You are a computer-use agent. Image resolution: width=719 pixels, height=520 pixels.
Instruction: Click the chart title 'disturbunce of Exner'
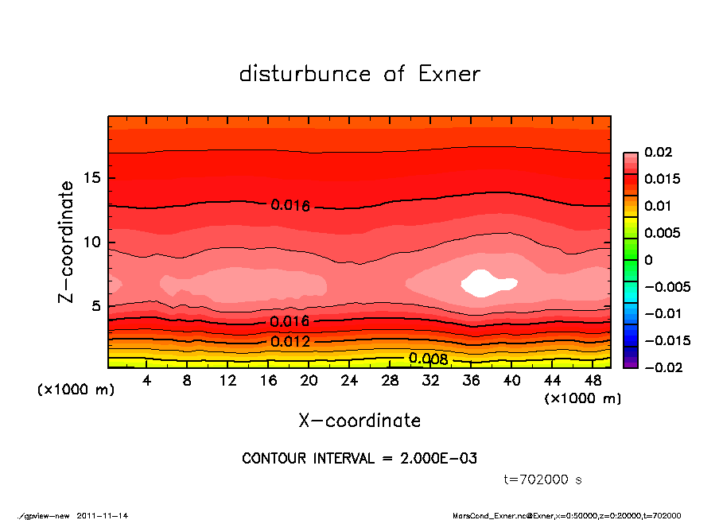(x=359, y=74)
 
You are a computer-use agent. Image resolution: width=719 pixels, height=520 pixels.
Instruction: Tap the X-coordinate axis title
(x=359, y=420)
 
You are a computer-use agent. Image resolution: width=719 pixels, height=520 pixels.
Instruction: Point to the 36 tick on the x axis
(x=472, y=381)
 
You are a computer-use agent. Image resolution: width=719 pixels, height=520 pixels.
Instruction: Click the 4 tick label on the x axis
(x=146, y=381)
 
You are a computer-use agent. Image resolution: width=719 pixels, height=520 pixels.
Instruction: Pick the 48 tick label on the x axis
(x=593, y=381)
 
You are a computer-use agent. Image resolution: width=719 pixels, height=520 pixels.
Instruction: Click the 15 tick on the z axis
(x=91, y=178)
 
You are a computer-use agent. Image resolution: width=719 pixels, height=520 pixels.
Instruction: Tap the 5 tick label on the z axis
(x=95, y=306)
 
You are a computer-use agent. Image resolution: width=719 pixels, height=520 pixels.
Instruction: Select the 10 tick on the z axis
(x=91, y=243)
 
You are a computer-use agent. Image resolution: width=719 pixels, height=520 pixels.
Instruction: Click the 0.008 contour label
(x=429, y=359)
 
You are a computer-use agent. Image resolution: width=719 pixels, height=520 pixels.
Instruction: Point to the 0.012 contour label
(x=290, y=342)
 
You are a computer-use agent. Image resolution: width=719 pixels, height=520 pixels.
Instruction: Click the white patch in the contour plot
(x=486, y=283)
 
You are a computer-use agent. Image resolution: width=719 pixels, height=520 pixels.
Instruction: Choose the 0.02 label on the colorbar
(x=659, y=152)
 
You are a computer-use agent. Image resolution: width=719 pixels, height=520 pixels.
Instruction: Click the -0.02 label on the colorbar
(x=662, y=367)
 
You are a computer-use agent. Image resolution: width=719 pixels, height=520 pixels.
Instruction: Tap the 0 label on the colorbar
(x=648, y=260)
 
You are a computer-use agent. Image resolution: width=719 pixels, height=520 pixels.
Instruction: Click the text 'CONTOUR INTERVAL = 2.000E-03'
(x=359, y=459)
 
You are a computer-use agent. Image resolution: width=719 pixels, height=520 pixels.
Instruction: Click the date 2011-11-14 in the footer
(x=103, y=515)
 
